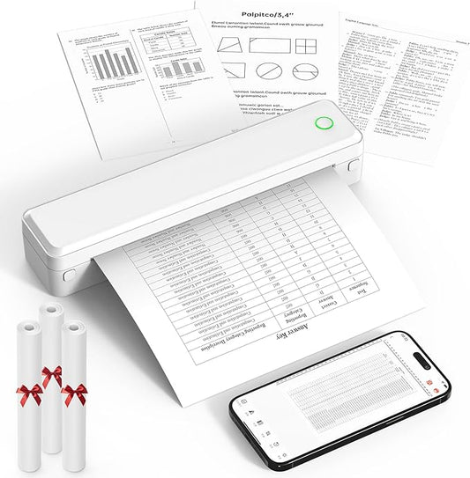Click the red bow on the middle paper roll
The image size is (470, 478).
[x=52, y=377]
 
